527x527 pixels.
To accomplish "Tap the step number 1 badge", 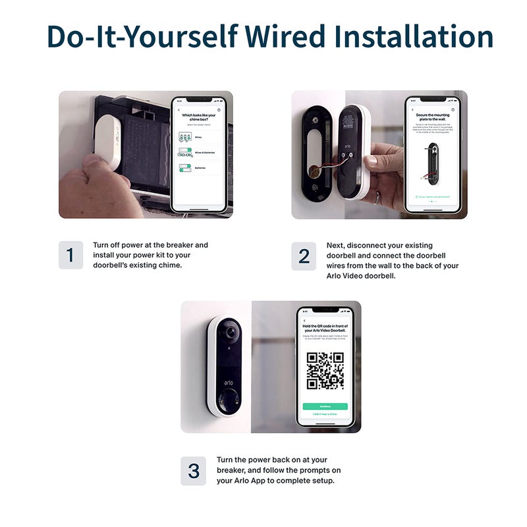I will (70, 255).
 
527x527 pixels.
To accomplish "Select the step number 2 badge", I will (304, 255).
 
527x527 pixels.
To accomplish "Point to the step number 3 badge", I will (193, 470).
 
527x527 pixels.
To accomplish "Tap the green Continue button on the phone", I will (325, 406).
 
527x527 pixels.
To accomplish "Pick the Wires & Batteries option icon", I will (185, 152).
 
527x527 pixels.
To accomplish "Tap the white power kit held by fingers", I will (106, 141).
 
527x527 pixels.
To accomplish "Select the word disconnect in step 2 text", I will (371, 245).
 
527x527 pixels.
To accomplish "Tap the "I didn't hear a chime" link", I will (325, 414).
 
